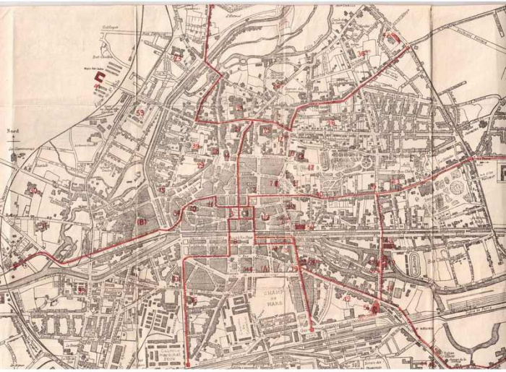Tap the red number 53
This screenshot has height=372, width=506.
[139, 113]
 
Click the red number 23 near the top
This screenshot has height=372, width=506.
[178, 57]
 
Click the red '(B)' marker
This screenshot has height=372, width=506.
[141, 222]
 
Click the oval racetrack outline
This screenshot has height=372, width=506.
[414, 263]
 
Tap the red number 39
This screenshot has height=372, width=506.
[196, 146]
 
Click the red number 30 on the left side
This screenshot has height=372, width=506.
[33, 191]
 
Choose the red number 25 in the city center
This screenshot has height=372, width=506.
[331, 123]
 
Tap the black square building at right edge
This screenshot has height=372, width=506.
[501, 170]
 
